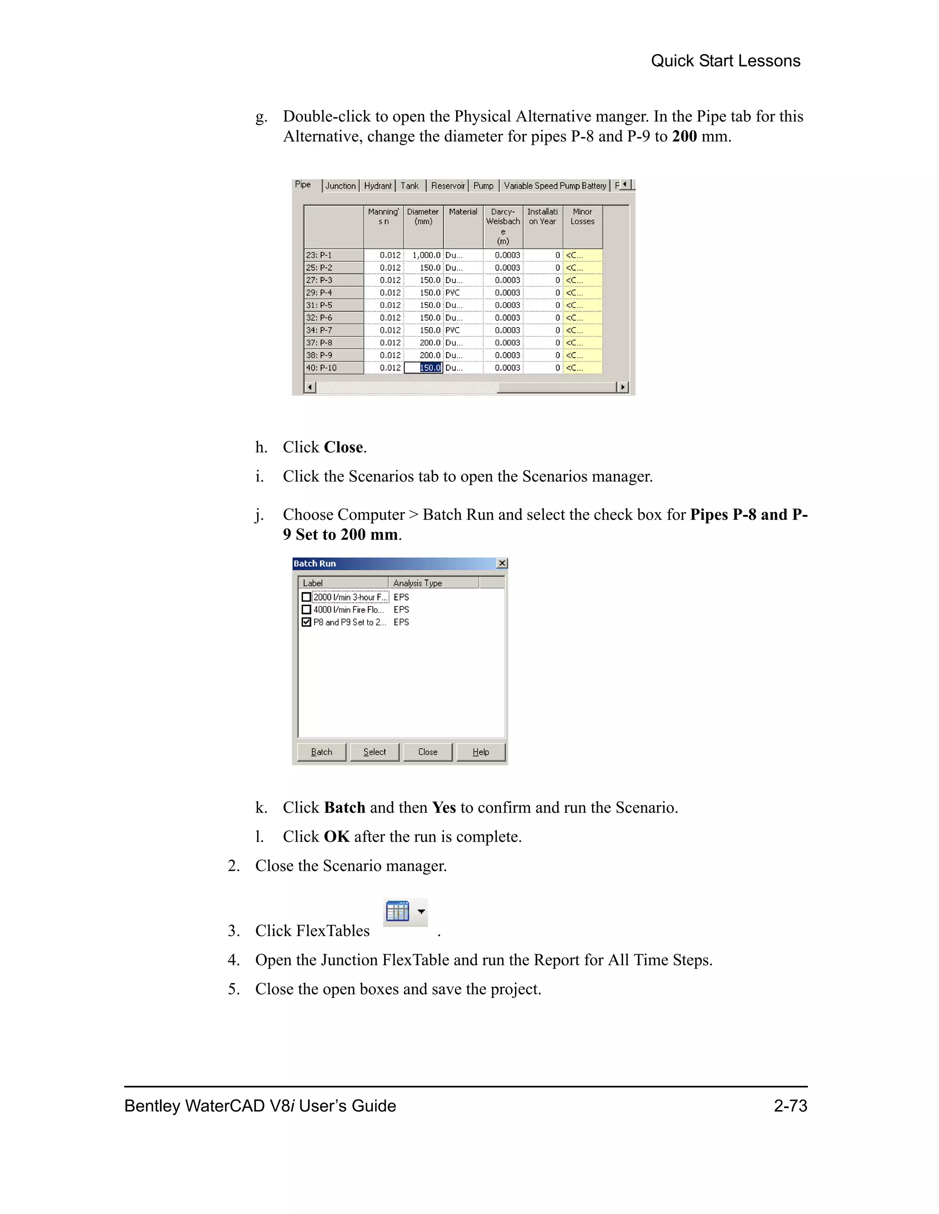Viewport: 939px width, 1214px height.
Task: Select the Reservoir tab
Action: click(447, 186)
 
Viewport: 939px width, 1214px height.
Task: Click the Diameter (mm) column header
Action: click(423, 217)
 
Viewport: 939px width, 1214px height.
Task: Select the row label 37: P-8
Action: click(334, 342)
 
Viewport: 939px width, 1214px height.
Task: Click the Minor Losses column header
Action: click(582, 217)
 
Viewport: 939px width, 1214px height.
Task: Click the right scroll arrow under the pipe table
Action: click(623, 387)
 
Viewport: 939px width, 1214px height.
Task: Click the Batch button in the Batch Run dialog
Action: click(321, 751)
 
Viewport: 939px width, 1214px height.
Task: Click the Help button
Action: click(481, 751)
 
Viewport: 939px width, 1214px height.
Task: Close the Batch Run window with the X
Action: click(502, 563)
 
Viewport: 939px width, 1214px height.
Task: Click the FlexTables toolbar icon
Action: click(398, 912)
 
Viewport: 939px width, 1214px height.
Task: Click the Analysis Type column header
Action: click(433, 583)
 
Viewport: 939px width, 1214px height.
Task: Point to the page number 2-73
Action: click(790, 1105)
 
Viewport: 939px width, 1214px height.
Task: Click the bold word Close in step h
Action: click(343, 447)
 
